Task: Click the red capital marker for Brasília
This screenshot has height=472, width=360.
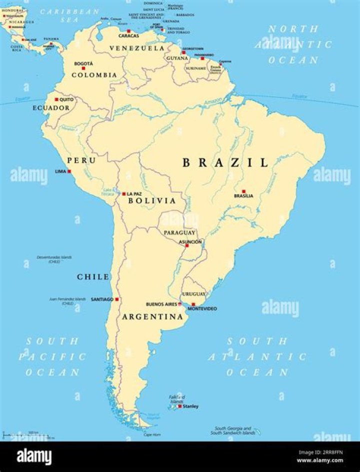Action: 243,191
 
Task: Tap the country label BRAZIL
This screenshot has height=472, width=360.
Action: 225,162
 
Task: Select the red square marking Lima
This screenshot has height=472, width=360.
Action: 69,171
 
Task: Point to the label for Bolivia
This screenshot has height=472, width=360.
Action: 152,201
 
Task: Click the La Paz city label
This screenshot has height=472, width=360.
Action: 134,194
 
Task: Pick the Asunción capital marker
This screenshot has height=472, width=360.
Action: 187,245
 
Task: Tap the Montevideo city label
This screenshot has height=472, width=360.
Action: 202,309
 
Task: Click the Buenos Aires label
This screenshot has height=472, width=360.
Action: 161,304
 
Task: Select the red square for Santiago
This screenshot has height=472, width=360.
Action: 117,299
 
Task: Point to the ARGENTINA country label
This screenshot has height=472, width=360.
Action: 152,317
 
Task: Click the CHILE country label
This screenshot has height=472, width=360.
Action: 93,277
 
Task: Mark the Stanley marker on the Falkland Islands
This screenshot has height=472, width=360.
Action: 180,406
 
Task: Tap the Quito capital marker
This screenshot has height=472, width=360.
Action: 56,99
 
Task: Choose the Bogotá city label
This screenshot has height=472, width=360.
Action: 83,63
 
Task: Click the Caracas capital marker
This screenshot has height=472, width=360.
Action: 128,31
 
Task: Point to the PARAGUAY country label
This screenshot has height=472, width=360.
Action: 179,233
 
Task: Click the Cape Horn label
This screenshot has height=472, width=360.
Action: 152,435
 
